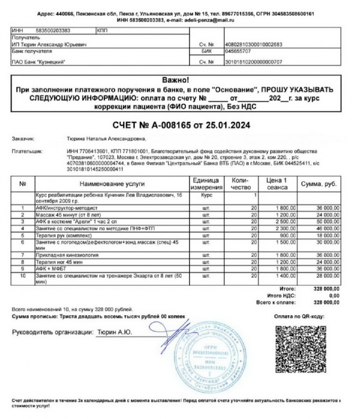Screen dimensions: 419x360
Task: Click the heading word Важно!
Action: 175,81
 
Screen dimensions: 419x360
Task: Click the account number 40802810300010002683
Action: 254,43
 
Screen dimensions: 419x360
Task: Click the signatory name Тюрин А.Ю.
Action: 114,331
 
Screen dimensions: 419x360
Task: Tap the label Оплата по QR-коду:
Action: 299,315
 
